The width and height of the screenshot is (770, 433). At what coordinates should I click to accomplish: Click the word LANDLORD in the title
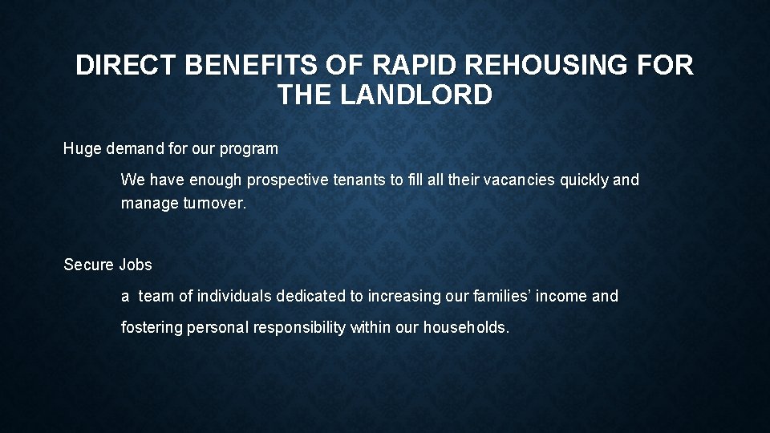point(416,95)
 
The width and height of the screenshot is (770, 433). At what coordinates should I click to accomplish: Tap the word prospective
point(286,180)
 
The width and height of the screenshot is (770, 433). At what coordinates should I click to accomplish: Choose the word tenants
point(360,180)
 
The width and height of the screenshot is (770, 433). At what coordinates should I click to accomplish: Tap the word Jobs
point(135,265)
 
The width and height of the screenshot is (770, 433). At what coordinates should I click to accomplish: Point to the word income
point(561,297)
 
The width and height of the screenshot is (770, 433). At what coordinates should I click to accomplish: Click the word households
point(465,327)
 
